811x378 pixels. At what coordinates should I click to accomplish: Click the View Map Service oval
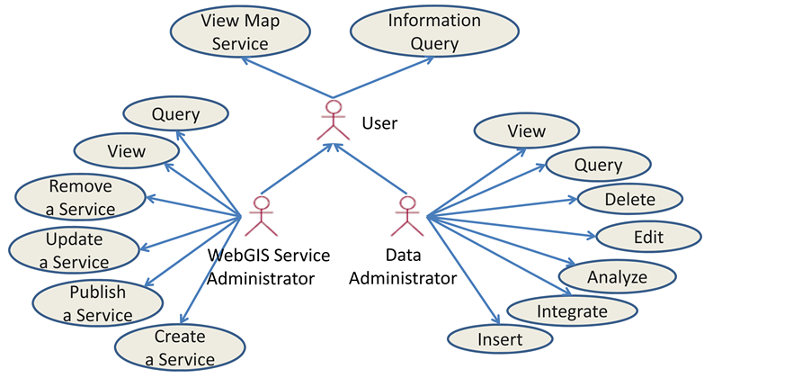click(x=240, y=31)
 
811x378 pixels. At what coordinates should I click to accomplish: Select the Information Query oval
click(x=434, y=31)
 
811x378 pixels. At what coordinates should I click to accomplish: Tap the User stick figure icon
click(x=334, y=121)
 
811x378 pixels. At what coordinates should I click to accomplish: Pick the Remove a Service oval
click(x=81, y=197)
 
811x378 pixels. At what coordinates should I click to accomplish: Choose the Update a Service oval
click(x=75, y=250)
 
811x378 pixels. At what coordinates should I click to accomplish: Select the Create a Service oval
click(x=179, y=348)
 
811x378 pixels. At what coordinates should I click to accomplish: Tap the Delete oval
click(x=629, y=199)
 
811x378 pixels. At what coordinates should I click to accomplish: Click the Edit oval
click(x=648, y=238)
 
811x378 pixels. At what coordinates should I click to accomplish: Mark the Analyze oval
click(x=617, y=276)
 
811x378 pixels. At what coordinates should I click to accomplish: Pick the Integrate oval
click(x=572, y=311)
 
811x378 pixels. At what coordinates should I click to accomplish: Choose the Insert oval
click(x=500, y=338)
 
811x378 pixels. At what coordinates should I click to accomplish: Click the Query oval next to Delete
click(x=598, y=165)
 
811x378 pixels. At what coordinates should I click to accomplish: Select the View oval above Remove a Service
click(x=125, y=151)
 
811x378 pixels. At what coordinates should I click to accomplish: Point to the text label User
click(x=379, y=122)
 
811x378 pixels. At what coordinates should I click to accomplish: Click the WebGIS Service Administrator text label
click(x=269, y=266)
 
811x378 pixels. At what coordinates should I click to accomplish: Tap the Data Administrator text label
click(x=402, y=266)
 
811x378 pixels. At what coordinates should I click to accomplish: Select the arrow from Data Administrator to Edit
click(x=512, y=227)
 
